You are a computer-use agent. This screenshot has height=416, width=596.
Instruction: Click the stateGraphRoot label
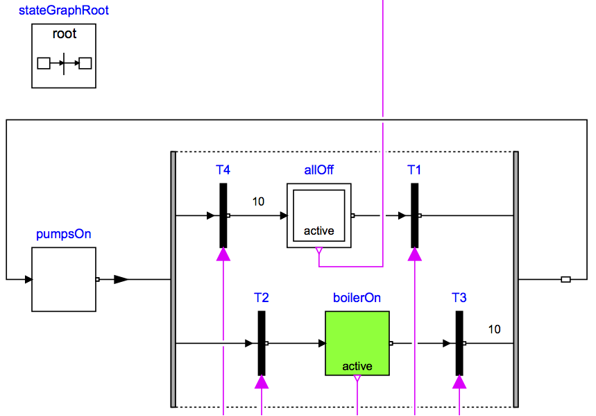(64, 11)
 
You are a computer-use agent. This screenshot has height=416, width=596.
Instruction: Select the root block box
(64, 56)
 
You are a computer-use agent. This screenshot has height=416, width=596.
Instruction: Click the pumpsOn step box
(64, 279)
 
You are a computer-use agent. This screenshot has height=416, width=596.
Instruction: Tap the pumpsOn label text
(64, 234)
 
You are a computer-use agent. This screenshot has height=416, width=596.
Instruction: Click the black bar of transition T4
(223, 215)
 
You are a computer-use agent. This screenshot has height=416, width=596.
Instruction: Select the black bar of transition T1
(415, 215)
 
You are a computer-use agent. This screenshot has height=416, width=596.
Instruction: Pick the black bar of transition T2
(262, 343)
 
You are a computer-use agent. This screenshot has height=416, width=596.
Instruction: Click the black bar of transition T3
(459, 343)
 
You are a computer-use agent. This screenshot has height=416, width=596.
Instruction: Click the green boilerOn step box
(357, 343)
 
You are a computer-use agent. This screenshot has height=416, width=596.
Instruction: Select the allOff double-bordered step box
(319, 215)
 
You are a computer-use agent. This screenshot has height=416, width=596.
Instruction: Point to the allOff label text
(319, 170)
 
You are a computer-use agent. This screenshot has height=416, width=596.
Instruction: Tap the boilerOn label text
(357, 298)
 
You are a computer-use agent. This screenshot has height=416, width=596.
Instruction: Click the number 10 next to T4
(258, 202)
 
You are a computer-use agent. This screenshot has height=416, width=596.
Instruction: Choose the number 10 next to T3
(494, 329)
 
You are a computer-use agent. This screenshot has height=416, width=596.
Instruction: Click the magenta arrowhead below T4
(223, 254)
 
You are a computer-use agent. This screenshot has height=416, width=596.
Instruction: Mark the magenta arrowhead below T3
(459, 382)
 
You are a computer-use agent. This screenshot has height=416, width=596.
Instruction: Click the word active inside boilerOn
(357, 366)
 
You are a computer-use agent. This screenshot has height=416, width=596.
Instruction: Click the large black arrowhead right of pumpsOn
(121, 279)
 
